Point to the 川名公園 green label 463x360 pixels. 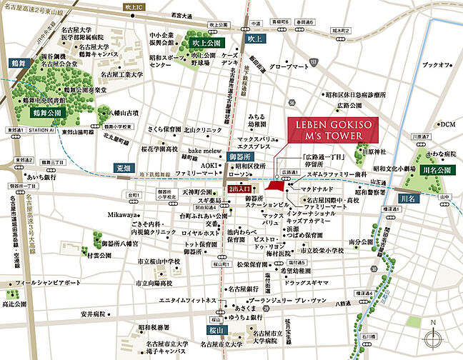[435, 171]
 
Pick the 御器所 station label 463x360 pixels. [240, 156]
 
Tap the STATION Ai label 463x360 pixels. [42, 130]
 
